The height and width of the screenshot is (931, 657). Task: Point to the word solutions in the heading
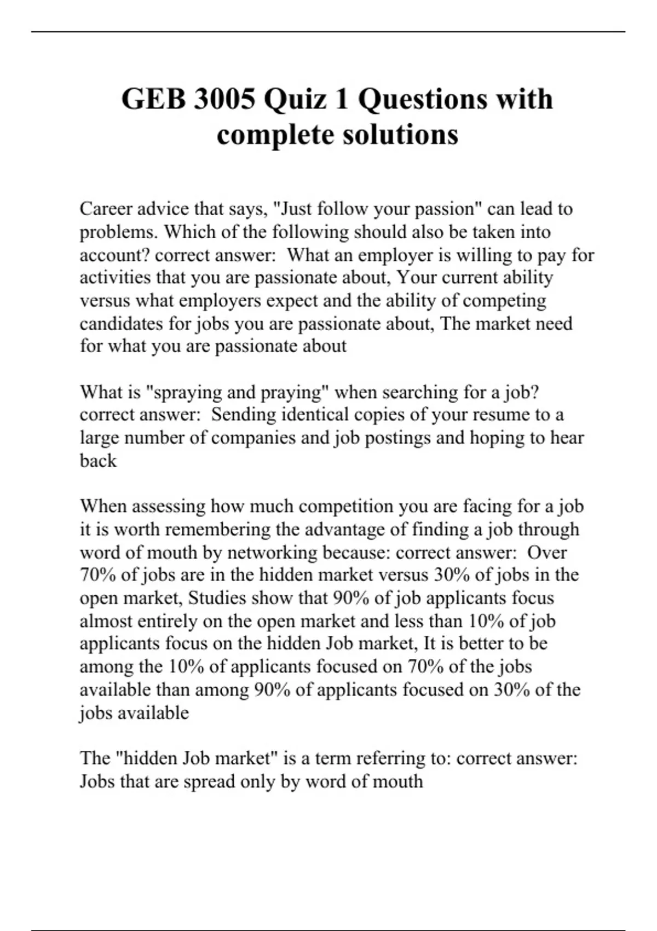click(x=400, y=135)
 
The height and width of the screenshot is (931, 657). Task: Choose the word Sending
click(x=244, y=415)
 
